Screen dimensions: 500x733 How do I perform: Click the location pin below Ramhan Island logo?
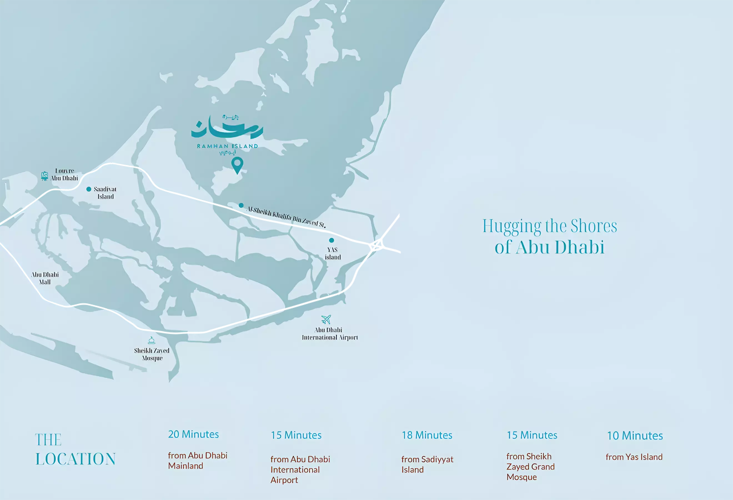[x=237, y=164]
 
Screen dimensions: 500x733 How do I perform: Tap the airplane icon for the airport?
[x=326, y=319]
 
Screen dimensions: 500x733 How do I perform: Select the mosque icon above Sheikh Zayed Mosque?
[x=151, y=340]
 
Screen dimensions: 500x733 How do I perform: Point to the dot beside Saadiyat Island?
[x=89, y=189]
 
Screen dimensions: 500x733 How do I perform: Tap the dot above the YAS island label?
[x=332, y=240]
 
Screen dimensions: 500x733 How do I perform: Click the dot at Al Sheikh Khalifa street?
[x=241, y=205]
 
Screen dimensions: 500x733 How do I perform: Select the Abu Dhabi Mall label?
[x=45, y=278]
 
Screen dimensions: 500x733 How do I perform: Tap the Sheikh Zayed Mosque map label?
[x=152, y=354]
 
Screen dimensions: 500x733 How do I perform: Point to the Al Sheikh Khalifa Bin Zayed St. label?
[x=286, y=217]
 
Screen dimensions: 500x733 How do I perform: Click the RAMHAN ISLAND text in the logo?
[x=227, y=146]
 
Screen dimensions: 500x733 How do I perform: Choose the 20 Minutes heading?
[x=193, y=434]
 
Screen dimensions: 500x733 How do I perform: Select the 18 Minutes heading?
[x=427, y=435]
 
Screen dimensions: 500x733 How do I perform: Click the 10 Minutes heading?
[x=635, y=436]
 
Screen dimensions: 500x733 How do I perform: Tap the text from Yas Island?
[x=634, y=457]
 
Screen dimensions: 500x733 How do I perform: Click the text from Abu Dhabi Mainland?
[x=197, y=461]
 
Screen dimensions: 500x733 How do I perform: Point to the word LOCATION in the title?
[x=75, y=459]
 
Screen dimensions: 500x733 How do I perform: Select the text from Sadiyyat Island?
[x=427, y=464]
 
